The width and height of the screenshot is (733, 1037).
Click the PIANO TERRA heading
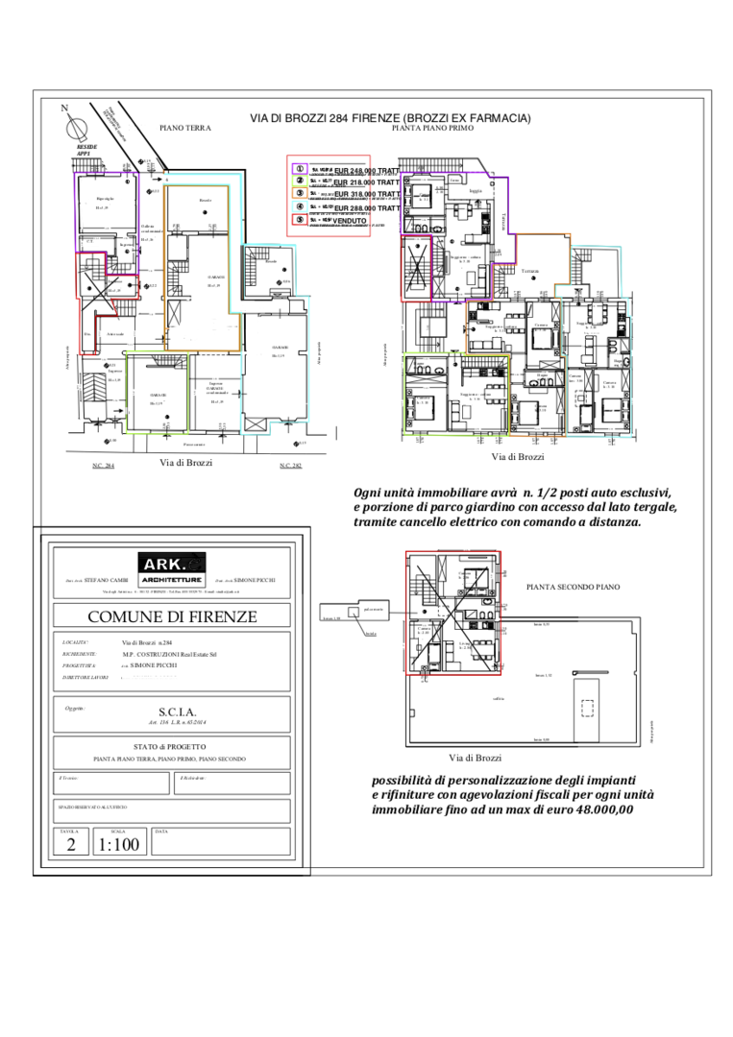(x=184, y=128)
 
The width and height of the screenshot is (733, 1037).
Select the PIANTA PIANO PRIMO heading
(x=433, y=128)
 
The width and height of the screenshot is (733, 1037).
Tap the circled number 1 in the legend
(x=301, y=169)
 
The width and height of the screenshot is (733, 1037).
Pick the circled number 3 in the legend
(x=301, y=194)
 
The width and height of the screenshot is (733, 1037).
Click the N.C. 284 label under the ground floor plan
(x=103, y=466)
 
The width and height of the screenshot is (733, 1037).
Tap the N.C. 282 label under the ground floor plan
(x=290, y=466)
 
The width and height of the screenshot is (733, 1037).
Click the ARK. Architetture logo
(x=171, y=568)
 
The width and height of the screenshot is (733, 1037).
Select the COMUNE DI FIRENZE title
(x=172, y=616)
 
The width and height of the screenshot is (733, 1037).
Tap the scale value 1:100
(x=119, y=845)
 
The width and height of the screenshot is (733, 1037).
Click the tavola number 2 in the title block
(x=70, y=845)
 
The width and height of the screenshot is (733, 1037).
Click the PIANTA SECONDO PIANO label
(x=574, y=587)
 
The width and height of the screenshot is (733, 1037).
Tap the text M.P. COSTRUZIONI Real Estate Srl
(x=169, y=654)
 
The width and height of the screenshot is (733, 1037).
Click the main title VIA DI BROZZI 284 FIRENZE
(x=390, y=118)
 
